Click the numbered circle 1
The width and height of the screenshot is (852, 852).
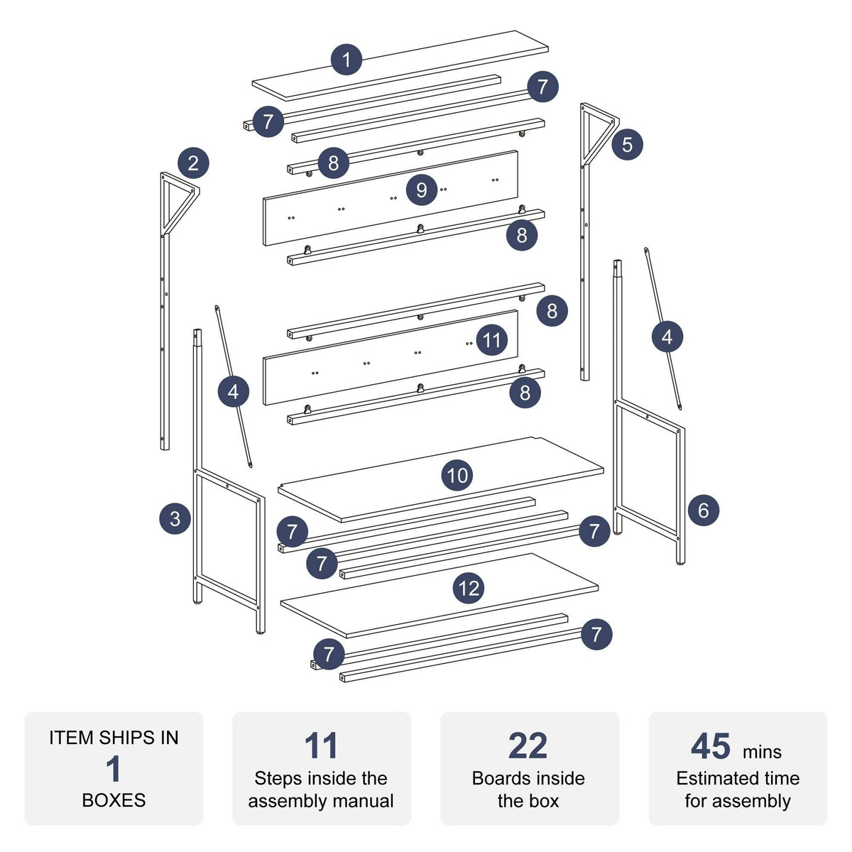[346, 59]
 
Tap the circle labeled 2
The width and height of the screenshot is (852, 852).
[193, 163]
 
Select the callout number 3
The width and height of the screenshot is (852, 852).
[175, 518]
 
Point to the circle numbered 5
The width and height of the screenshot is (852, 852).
[627, 144]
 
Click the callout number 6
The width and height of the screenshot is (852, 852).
[704, 510]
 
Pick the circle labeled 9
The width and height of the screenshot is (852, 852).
[421, 190]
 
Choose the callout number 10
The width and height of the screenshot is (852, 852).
[457, 475]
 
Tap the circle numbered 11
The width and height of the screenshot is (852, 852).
[491, 341]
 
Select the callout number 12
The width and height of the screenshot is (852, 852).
[469, 589]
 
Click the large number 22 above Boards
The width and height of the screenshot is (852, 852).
[528, 746]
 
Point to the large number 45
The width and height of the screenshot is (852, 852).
[711, 746]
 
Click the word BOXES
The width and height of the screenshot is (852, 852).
[114, 800]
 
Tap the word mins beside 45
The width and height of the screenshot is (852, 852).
[763, 752]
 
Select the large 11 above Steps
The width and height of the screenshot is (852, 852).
[321, 746]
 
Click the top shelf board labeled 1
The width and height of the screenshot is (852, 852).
[400, 65]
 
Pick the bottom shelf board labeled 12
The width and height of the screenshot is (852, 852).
[439, 595]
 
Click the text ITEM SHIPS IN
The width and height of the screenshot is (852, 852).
[114, 738]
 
